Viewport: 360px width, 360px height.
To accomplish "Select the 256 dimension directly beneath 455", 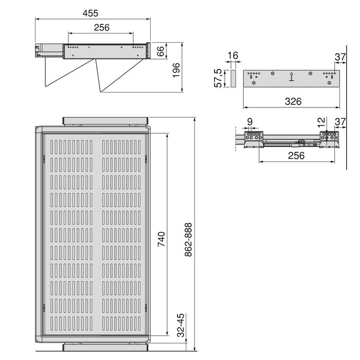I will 101,28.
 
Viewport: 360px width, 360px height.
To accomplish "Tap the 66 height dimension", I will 160,51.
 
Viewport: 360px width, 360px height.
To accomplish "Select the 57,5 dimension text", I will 218,78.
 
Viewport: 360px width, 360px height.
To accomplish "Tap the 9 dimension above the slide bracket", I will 249,122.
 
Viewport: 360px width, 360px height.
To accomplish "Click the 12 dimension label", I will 321,122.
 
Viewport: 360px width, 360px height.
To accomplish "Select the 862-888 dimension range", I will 188,239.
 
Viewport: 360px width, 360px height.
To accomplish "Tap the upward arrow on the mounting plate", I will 292,77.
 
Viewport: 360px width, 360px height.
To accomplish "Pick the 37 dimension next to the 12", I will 339,121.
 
